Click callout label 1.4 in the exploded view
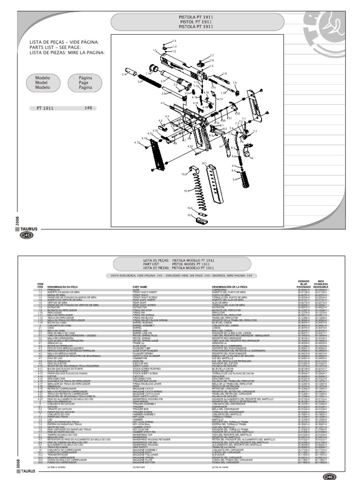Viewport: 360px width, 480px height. point(174,41)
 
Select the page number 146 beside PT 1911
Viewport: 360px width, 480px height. point(88,108)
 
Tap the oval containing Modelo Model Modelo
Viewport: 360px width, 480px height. point(43,82)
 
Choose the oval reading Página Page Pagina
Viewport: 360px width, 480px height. point(85,82)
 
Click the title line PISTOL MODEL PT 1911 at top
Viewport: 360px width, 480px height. point(198,21)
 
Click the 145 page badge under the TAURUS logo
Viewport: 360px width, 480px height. point(26,235)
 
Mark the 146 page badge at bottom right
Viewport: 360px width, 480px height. point(330,476)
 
